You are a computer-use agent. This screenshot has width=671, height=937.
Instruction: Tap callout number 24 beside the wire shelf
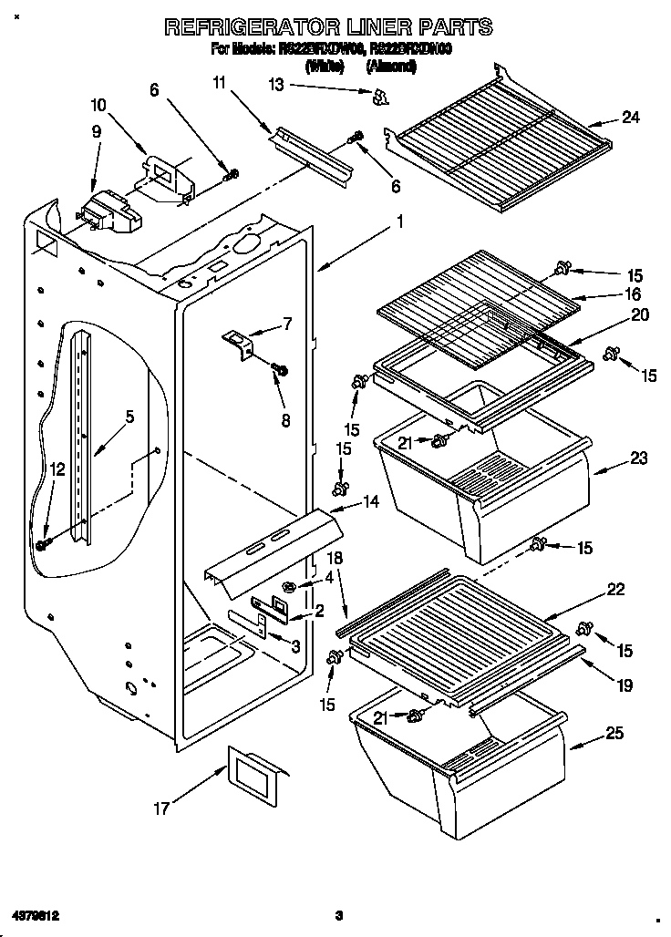[x=631, y=117]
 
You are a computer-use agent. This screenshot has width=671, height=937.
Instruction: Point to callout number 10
[x=98, y=105]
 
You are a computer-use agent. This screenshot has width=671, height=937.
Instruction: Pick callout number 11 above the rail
[x=218, y=84]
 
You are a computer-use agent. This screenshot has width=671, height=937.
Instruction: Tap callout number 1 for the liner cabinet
[x=398, y=221]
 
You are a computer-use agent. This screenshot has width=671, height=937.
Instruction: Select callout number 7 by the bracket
[x=287, y=322]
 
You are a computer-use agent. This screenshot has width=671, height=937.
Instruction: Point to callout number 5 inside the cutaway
[x=129, y=417]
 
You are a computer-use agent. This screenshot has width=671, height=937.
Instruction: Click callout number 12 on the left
[x=57, y=469]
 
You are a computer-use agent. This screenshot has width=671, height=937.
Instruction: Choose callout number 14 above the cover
[x=371, y=500]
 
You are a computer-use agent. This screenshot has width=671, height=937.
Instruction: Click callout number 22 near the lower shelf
[x=615, y=590]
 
